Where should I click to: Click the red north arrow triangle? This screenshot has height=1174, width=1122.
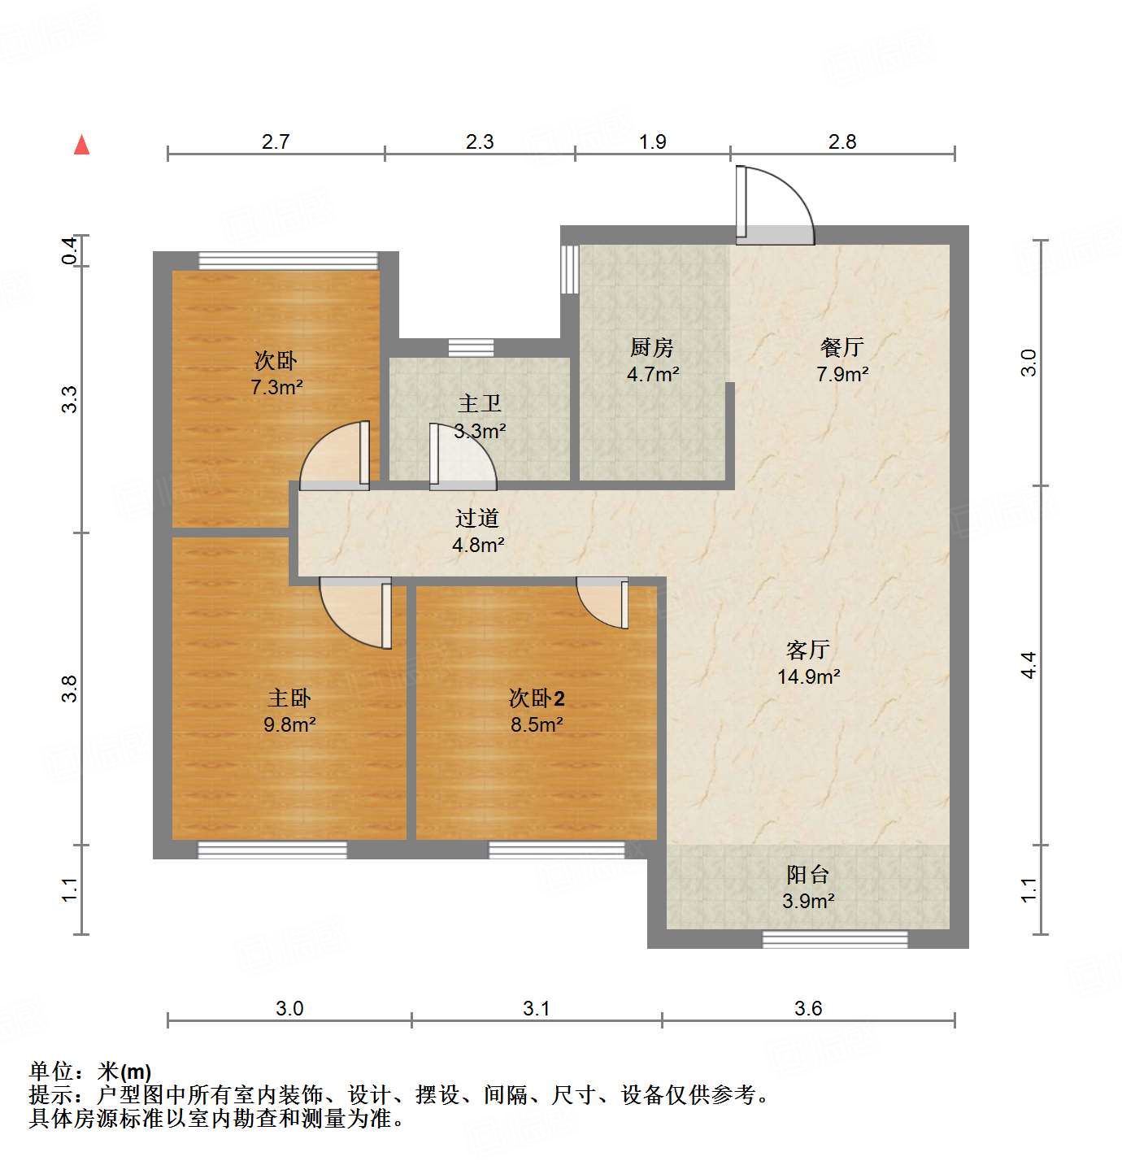point(81,145)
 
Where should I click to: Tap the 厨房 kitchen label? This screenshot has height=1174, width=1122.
point(652,348)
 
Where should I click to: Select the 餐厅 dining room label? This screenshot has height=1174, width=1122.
point(841,347)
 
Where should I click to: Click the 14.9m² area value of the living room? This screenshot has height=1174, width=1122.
point(808,676)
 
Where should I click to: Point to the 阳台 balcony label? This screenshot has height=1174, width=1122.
point(808,875)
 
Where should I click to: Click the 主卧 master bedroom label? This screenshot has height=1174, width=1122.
point(289,698)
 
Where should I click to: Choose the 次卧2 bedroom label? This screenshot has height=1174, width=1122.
point(537,698)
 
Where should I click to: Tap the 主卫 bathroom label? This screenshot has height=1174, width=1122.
point(480,403)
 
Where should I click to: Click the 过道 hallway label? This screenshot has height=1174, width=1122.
point(477,518)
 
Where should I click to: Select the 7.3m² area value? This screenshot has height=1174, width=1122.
point(276,387)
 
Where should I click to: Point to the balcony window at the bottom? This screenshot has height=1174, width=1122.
point(835,939)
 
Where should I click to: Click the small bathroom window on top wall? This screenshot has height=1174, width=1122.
point(471,348)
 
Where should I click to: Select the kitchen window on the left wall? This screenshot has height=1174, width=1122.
point(569,269)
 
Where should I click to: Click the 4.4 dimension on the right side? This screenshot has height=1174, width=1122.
point(1029,665)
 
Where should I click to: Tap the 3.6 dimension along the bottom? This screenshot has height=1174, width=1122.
point(808,1008)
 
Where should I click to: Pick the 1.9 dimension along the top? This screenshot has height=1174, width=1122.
point(652,141)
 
